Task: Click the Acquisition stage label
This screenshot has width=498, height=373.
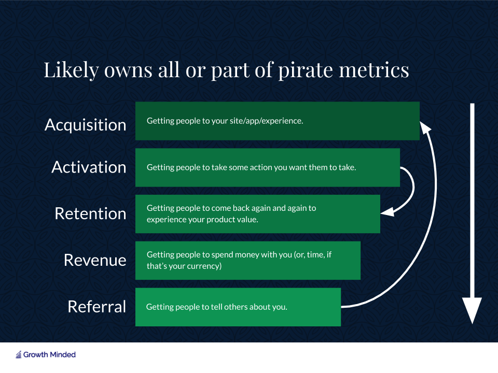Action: pyautogui.click(x=86, y=125)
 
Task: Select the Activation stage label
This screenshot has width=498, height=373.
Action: pyautogui.click(x=89, y=167)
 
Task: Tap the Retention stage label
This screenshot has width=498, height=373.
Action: pyautogui.click(x=90, y=213)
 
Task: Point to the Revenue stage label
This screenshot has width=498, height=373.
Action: pyautogui.click(x=95, y=260)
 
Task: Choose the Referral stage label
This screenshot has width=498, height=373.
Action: pyautogui.click(x=97, y=307)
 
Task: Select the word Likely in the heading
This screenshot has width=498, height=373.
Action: pyautogui.click(x=72, y=70)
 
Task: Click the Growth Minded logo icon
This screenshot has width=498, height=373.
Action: pyautogui.click(x=19, y=354)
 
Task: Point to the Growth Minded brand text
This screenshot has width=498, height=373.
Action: pyautogui.click(x=50, y=354)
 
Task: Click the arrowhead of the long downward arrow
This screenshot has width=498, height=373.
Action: pyautogui.click(x=472, y=310)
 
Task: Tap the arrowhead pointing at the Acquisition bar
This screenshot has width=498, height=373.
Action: pyautogui.click(x=425, y=126)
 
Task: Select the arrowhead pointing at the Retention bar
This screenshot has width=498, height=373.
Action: pyautogui.click(x=388, y=212)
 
